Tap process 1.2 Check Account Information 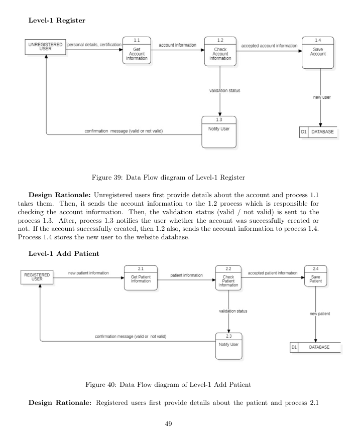pyautogui.click(x=220, y=52)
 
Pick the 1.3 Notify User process pyautogui.click(x=218, y=132)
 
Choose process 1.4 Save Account pyautogui.click(x=318, y=52)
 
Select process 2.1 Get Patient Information pyautogui.click(x=141, y=278)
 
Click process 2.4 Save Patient pyautogui.click(x=315, y=278)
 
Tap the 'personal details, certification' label pyautogui.click(x=94, y=45)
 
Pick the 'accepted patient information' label pyautogui.click(x=273, y=273)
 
